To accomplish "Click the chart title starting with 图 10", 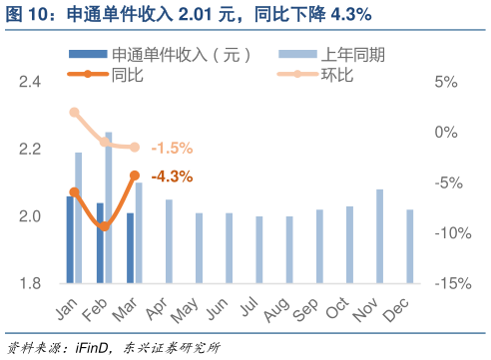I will pos(190,14).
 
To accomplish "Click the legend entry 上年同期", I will pos(349,55).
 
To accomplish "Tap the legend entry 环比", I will pos(334,73).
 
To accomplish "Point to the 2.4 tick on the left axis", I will pos(30,82).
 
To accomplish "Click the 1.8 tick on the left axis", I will pos(30,284).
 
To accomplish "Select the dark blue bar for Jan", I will pos(70,239).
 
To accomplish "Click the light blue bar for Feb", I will pos(109,207).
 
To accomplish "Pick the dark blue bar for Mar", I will pos(131,248).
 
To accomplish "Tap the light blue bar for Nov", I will pos(379,236).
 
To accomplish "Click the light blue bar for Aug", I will pos(289,249).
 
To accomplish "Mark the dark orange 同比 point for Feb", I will pos(104,226).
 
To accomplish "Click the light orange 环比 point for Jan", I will pos(74,112).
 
